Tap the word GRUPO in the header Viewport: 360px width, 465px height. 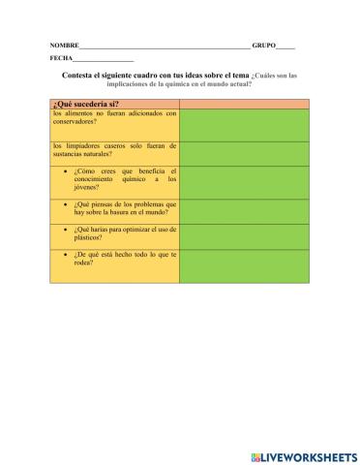263,46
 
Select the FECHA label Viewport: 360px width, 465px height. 61,58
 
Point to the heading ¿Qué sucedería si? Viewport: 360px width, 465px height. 82,103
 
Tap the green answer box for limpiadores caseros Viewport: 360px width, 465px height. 243,152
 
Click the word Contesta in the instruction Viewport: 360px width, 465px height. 77,75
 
